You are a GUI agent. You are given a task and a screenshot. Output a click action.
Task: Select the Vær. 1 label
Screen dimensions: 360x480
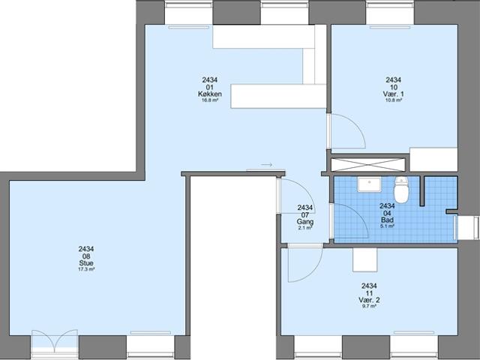393,94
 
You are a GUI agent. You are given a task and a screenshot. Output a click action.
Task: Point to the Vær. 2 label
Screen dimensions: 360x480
368,300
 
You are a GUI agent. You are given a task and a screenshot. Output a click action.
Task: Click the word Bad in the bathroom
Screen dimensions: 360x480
387,219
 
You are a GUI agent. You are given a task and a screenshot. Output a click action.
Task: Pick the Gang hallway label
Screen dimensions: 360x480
305,223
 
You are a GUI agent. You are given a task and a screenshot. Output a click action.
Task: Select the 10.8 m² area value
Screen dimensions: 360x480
393,100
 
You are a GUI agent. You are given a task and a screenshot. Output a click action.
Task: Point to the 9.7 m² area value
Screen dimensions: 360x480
368,307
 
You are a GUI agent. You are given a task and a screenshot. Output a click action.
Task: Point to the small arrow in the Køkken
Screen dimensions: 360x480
265,163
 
